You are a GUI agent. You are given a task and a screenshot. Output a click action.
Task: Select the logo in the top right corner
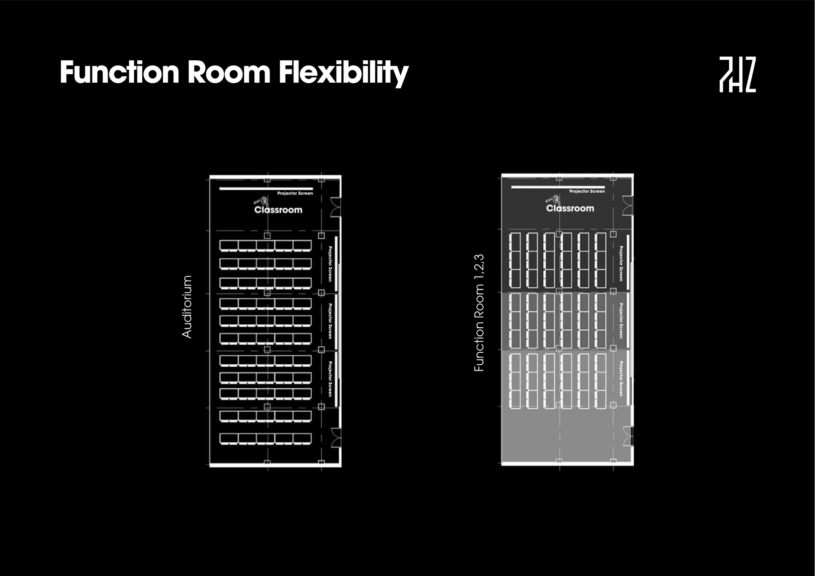pyautogui.click(x=737, y=74)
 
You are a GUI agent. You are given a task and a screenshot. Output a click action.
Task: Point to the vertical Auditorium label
pyautogui.click(x=187, y=306)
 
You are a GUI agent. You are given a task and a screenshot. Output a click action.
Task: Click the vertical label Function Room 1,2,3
pyautogui.click(x=479, y=313)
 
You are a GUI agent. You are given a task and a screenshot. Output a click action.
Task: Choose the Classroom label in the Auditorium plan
pyautogui.click(x=278, y=210)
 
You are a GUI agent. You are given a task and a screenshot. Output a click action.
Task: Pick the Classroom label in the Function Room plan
pyautogui.click(x=570, y=208)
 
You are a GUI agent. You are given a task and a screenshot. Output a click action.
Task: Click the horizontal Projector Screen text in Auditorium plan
pyautogui.click(x=295, y=193)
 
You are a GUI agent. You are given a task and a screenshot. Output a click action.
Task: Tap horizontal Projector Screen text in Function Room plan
pyautogui.click(x=587, y=191)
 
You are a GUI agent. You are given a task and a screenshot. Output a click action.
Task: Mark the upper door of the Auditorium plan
pyautogui.click(x=336, y=207)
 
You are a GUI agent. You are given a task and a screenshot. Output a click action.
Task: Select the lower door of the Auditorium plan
pyautogui.click(x=336, y=438)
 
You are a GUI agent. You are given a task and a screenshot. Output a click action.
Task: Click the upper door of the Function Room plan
pyautogui.click(x=627, y=205)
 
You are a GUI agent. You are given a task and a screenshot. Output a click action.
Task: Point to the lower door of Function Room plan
pyautogui.click(x=627, y=436)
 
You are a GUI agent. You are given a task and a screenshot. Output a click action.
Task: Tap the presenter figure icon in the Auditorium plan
pyautogui.click(x=262, y=201)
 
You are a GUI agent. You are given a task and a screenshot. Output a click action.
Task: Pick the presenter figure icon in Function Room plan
pyautogui.click(x=554, y=199)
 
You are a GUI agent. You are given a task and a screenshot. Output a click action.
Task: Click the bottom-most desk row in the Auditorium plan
pyautogui.click(x=265, y=438)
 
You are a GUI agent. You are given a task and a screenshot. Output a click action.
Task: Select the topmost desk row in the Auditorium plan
pyautogui.click(x=265, y=246)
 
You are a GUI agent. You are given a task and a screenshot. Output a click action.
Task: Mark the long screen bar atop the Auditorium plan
pyautogui.click(x=266, y=188)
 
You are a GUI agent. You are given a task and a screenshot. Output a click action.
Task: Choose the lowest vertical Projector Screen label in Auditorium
pyautogui.click(x=330, y=379)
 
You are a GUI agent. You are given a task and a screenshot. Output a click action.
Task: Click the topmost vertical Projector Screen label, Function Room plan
pyautogui.click(x=621, y=263)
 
